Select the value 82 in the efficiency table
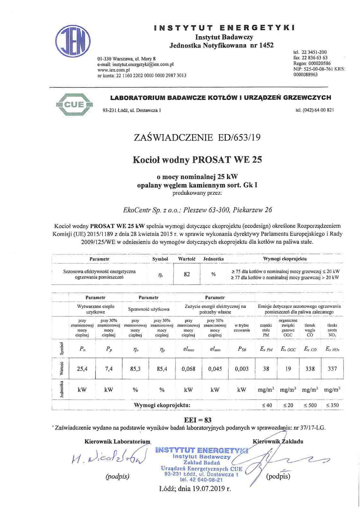coord(187,274)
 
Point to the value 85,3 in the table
coord(135,369)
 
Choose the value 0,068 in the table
coord(188,369)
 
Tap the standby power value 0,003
coord(242,369)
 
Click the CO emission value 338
coord(310,369)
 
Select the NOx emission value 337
coord(332,369)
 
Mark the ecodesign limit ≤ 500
coord(310,405)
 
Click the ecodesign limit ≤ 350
coord(332,405)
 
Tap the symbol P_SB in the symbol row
coord(242,349)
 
